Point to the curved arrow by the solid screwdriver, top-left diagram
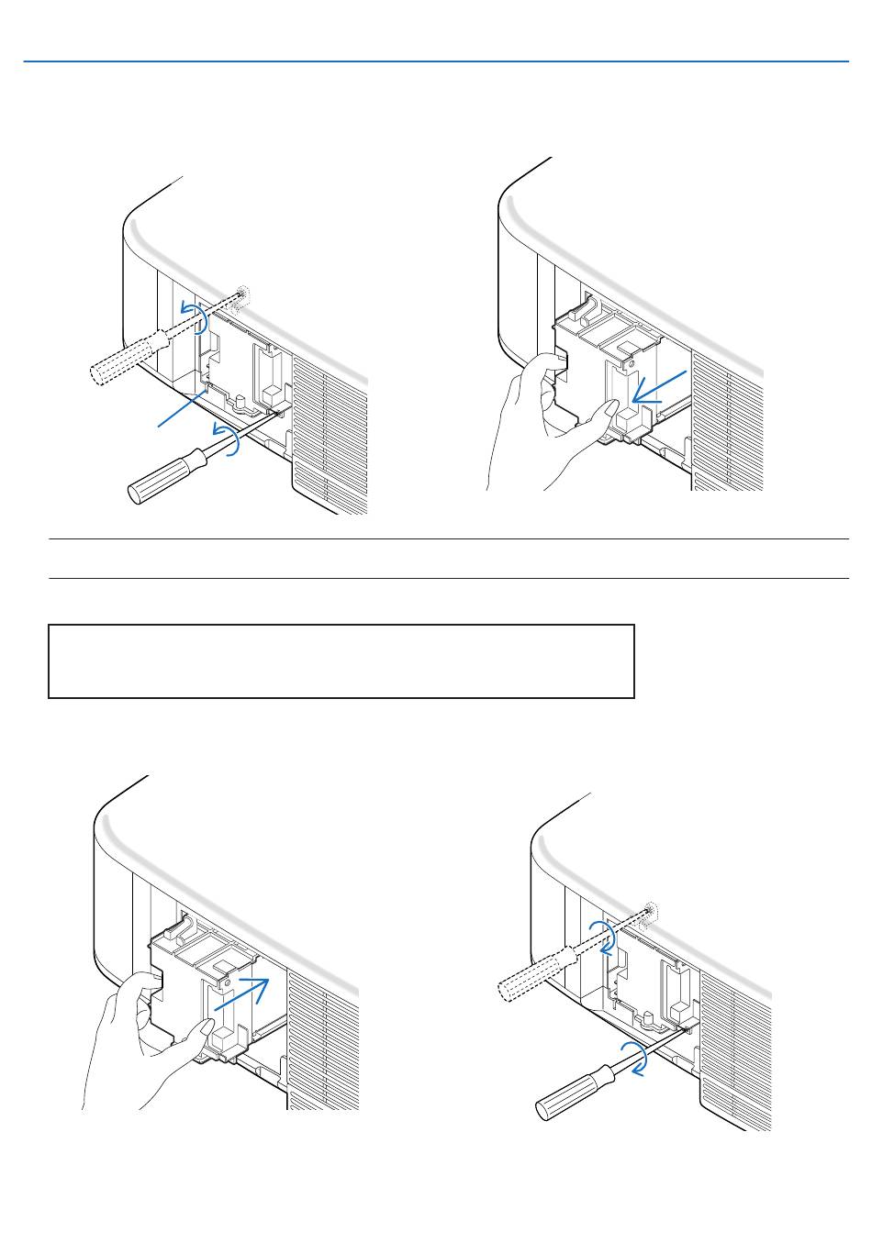[x=227, y=438]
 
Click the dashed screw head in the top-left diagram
[x=244, y=294]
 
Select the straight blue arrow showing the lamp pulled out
[x=661, y=386]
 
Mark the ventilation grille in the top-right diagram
[x=727, y=422]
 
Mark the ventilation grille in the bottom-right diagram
[x=734, y=1046]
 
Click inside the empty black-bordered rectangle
[x=341, y=661]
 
